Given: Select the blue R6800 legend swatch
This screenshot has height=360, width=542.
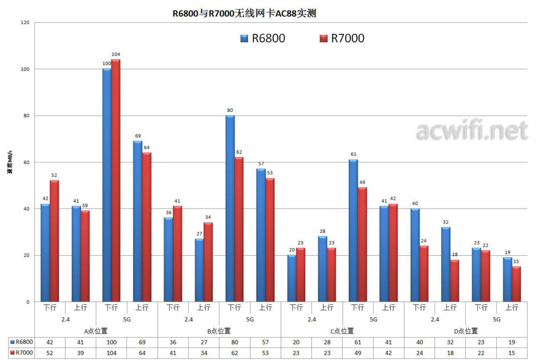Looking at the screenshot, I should (x=244, y=38).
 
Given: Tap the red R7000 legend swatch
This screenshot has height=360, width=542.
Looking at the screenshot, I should (x=323, y=38).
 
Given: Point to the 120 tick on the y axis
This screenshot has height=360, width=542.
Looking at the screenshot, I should (x=25, y=23).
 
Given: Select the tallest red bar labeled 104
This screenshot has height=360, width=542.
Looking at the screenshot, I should (x=115, y=181).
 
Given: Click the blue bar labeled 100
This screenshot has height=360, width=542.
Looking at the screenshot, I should (x=106, y=185).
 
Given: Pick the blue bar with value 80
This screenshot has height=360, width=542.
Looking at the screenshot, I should (x=230, y=209).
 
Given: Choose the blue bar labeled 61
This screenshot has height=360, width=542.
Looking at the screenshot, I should (x=353, y=231).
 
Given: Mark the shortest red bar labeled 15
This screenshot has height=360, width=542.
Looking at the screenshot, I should (x=516, y=284).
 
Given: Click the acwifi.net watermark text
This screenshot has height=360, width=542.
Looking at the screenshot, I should (x=472, y=131).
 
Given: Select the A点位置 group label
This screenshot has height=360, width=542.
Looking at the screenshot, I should (x=96, y=331).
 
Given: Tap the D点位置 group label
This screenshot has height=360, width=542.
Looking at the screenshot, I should (x=466, y=331).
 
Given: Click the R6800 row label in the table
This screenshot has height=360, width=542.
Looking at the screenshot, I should (x=24, y=342).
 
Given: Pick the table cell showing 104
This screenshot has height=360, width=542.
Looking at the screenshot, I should (x=111, y=353).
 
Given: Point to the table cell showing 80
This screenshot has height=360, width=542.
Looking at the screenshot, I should (x=234, y=342).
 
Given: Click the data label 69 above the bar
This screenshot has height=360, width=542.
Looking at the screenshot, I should (x=138, y=136).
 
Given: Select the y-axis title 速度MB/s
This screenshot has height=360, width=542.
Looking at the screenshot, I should (x=10, y=161).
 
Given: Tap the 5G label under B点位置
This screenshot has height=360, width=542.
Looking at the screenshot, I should (x=250, y=319).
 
